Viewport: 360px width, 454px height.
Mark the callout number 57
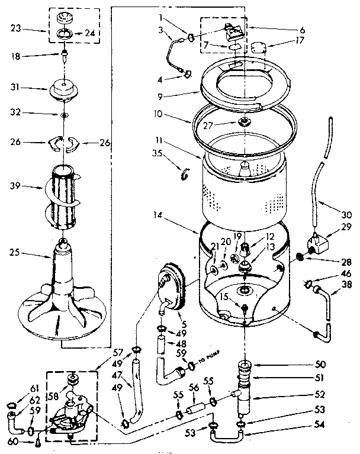point(118,352)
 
